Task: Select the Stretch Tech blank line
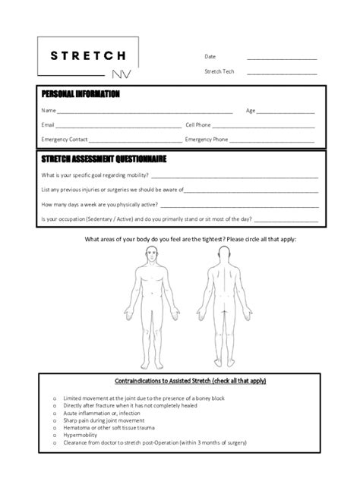pyautogui.click(x=281, y=73)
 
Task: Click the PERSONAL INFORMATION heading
pyautogui.click(x=80, y=94)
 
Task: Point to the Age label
pyautogui.click(x=250, y=110)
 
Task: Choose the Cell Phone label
pyautogui.click(x=198, y=124)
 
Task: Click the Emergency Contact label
pyautogui.click(x=65, y=140)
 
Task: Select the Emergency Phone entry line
pyautogui.click(x=271, y=141)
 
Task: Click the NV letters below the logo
pyautogui.click(x=119, y=75)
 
